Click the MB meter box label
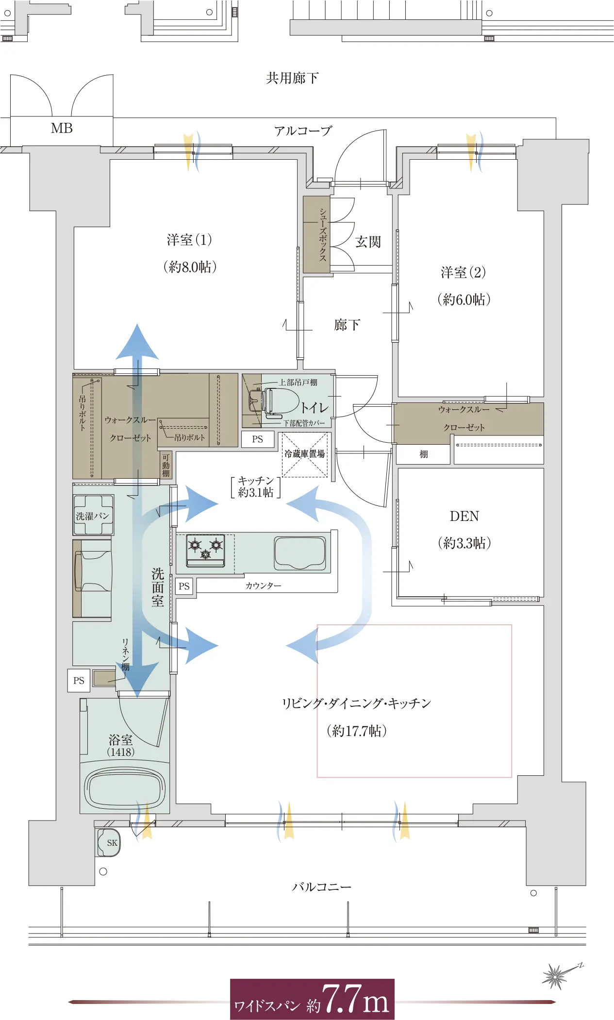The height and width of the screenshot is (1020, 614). [62, 128]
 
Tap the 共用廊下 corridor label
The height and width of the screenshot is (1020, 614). [292, 78]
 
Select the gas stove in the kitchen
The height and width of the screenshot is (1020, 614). [206, 550]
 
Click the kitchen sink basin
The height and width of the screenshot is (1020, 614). [300, 552]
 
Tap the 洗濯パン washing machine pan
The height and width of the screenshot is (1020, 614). [93, 515]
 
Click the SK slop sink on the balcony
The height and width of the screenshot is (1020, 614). [108, 842]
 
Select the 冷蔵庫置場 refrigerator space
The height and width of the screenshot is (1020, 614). [305, 454]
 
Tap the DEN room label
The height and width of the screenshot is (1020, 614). [465, 516]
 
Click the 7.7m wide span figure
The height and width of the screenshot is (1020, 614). [355, 999]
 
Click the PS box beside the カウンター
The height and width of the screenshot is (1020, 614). [184, 586]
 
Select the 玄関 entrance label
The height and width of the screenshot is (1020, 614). [368, 242]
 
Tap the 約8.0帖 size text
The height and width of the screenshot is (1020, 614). [190, 267]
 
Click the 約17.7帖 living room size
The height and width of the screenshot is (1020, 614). [357, 731]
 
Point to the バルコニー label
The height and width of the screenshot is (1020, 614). [321, 887]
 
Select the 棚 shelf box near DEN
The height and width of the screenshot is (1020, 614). [424, 454]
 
